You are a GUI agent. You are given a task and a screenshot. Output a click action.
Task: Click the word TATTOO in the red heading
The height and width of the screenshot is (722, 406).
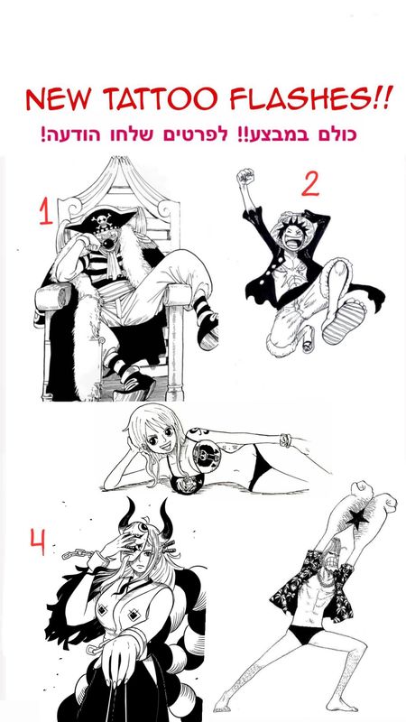(x=160, y=98)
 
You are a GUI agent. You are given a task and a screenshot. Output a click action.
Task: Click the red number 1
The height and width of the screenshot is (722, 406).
(x=46, y=211)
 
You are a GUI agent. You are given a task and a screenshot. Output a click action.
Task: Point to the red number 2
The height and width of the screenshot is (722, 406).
(x=310, y=185)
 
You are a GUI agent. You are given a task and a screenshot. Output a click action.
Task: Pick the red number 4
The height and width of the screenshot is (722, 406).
(x=38, y=542)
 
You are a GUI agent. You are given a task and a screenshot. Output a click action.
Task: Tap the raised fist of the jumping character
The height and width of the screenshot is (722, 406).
(x=245, y=175)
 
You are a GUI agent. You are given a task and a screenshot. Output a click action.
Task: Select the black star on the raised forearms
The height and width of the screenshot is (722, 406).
(x=357, y=519)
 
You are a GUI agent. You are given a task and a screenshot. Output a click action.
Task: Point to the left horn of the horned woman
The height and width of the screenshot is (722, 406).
(x=128, y=514)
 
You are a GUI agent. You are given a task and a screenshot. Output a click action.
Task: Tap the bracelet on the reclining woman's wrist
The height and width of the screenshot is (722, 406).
(x=285, y=440)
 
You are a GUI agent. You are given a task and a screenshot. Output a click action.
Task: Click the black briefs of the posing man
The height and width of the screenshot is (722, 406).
(x=306, y=634)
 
